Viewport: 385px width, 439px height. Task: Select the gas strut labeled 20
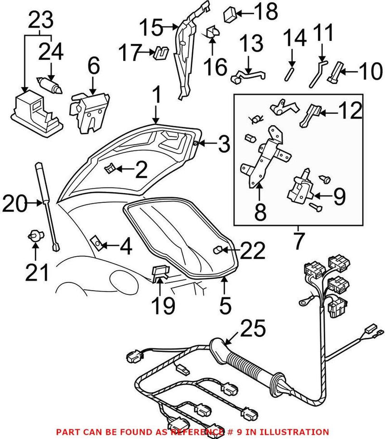(x=47, y=205)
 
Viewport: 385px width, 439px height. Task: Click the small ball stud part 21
(x=35, y=236)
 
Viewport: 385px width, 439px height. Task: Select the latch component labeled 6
(x=90, y=112)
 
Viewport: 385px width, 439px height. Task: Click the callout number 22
(x=252, y=251)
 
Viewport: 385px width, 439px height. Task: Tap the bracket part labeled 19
(x=160, y=273)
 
